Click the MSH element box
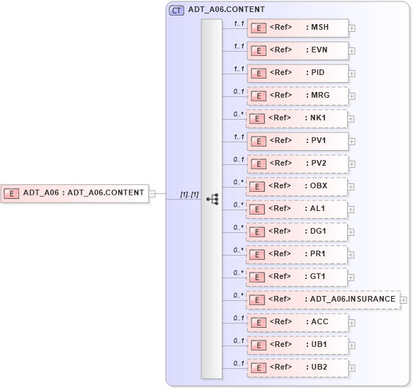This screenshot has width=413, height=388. point(298,28)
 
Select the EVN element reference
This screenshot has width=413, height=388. point(298,50)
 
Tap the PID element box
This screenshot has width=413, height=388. point(298,73)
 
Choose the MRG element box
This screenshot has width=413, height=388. point(298,96)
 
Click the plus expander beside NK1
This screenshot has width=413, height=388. point(351,119)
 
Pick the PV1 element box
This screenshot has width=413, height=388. point(298,141)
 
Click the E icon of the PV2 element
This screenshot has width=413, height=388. point(259,164)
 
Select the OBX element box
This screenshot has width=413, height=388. point(298,186)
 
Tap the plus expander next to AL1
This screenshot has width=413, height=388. point(351,210)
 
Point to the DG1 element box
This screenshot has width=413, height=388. point(298,232)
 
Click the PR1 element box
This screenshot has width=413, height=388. point(298,254)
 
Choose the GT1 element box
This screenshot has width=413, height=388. point(298,277)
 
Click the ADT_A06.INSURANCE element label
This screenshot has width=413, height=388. point(352,299)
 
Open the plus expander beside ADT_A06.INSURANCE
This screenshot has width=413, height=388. point(404,300)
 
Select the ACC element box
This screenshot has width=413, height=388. point(298,322)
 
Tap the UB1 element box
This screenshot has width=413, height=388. point(298,345)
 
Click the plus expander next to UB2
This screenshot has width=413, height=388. point(351,368)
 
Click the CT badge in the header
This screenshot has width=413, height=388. point(176,10)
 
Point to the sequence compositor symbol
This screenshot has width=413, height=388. point(212,199)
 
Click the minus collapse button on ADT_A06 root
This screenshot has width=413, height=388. point(152,193)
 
